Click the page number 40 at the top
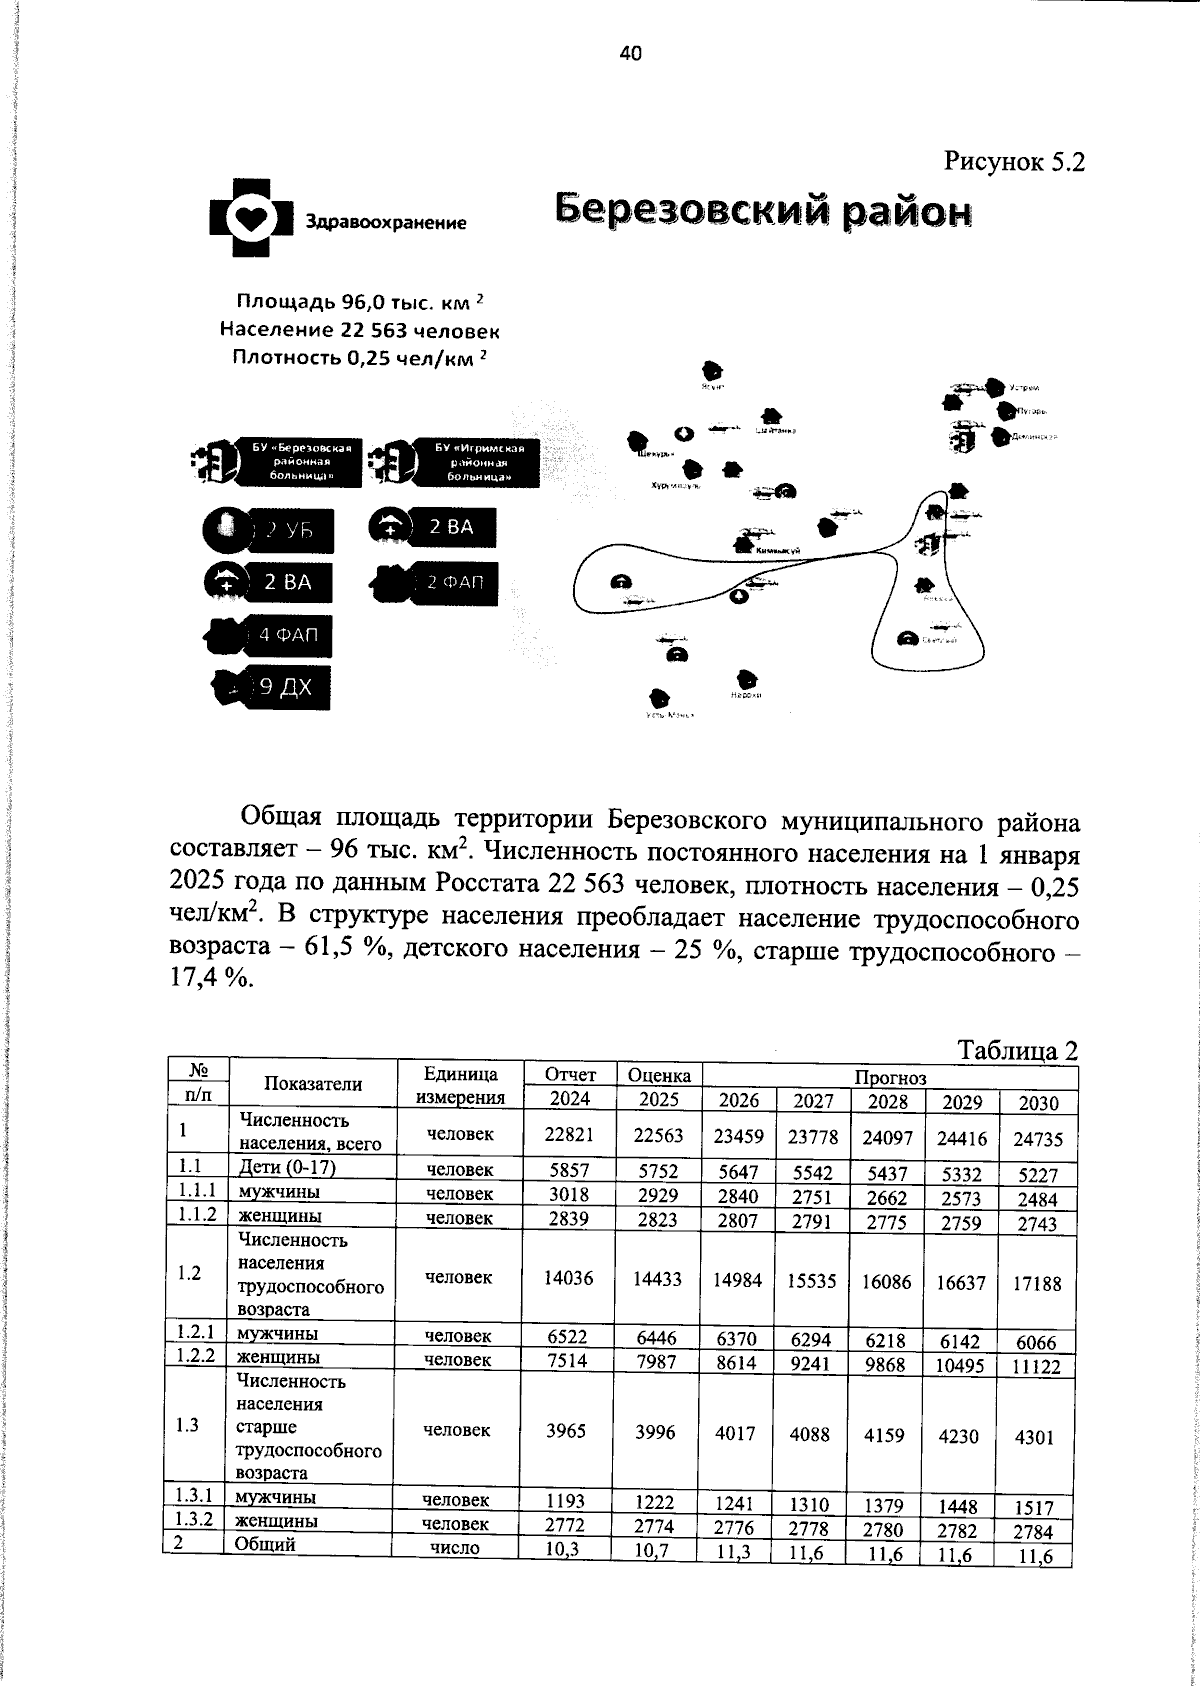coord(630,54)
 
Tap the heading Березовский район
coord(763,211)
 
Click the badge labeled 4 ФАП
coord(270,635)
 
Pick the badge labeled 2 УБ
coord(268,531)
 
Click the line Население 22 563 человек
coord(360,330)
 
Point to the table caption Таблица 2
coord(1018,1050)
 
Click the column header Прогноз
coord(889,1077)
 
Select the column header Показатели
coord(313,1084)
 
